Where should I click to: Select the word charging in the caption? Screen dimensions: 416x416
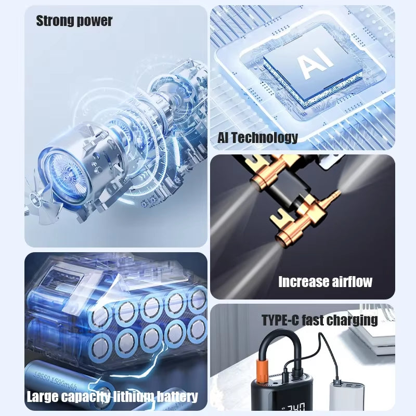coord(355,320)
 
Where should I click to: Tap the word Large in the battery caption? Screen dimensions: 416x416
coord(43,397)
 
